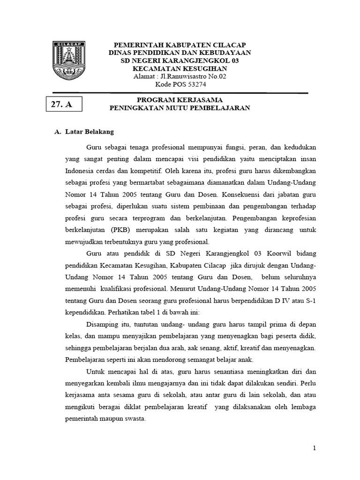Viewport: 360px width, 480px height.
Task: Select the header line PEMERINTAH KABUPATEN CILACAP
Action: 180,45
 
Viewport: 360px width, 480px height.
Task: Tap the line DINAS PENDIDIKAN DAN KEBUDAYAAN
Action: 180,52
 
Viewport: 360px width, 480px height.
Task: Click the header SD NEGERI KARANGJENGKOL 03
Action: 180,60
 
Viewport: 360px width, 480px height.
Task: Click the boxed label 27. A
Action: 63,104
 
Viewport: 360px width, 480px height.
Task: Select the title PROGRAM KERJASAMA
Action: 180,100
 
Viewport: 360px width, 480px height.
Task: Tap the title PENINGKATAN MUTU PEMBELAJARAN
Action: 180,108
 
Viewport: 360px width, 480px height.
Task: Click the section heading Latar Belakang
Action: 87,132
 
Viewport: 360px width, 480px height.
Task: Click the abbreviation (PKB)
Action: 121,230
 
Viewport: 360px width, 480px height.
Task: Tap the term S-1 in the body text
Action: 310,299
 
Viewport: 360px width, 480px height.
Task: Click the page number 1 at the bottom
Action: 315,449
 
